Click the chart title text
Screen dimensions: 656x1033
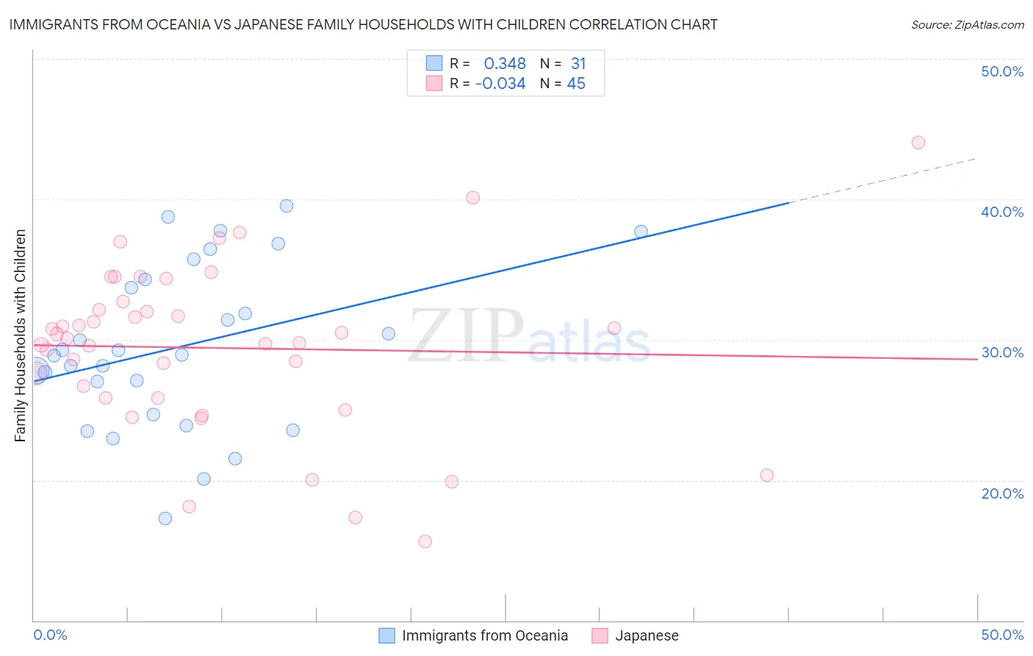(x=363, y=24)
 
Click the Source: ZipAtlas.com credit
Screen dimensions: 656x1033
(x=967, y=25)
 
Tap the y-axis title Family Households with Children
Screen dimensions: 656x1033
(x=20, y=335)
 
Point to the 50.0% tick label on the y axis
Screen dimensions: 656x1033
(x=1002, y=71)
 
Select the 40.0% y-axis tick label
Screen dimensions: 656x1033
(x=1002, y=212)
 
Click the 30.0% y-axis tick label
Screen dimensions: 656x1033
(x=1002, y=352)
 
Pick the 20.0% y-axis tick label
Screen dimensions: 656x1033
(x=1002, y=493)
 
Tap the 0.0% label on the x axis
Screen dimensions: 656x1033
(x=51, y=635)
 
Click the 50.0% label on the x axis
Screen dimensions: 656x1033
(x=1002, y=635)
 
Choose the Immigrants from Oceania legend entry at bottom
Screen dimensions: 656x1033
(x=484, y=635)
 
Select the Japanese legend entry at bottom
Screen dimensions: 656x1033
(x=646, y=635)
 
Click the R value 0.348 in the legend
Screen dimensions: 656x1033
(x=505, y=64)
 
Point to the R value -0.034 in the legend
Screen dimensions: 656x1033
(x=500, y=84)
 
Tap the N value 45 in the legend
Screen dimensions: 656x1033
(x=576, y=84)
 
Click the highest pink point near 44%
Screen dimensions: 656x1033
(x=918, y=143)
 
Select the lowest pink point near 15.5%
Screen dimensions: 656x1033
(x=425, y=541)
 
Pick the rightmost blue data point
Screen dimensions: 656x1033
(x=641, y=232)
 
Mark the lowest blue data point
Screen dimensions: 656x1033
(x=165, y=518)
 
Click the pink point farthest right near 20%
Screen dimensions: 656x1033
(x=766, y=475)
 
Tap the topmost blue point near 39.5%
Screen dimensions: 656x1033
(x=287, y=206)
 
